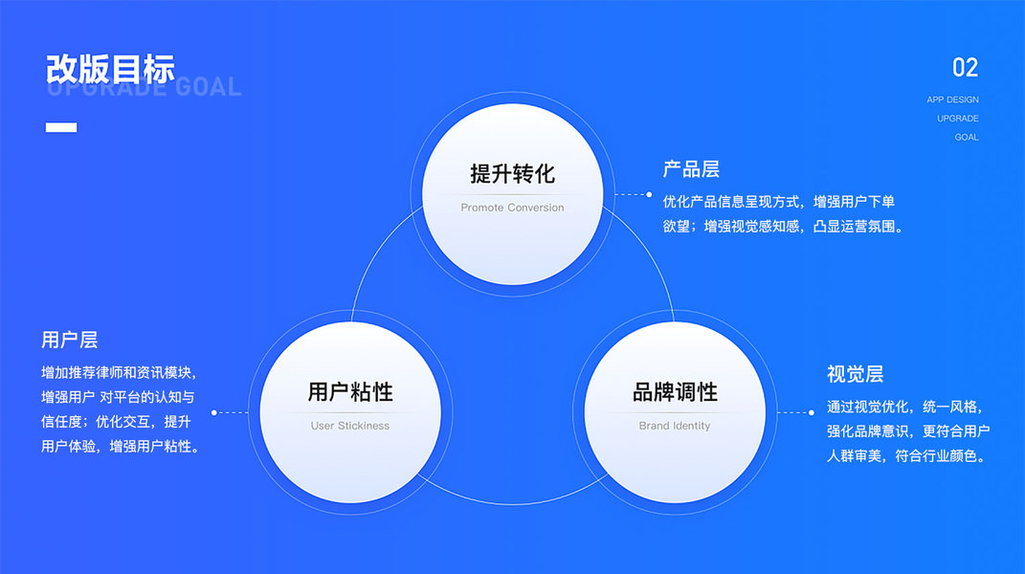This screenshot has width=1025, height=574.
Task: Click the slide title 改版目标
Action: coord(110,70)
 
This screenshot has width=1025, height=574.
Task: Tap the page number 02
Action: coord(965,68)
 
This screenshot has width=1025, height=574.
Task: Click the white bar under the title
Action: coord(61,127)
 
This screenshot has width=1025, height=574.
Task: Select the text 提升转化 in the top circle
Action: coord(512,174)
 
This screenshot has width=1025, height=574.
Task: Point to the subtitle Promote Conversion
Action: coord(512,208)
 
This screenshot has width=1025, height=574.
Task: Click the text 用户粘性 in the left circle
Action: coord(350,392)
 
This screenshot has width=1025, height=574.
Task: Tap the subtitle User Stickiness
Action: coord(350,426)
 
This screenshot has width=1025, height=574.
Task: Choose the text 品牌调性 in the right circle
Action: coord(675,392)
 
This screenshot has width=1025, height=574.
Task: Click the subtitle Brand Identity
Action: coord(675,426)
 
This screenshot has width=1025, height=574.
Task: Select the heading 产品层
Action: coord(691,170)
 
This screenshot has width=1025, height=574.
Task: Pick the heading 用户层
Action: coord(69,341)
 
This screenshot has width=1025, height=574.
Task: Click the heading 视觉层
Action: coord(855,374)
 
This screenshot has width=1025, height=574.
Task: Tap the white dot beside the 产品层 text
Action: coord(649,194)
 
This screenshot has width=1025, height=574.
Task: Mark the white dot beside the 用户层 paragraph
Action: coord(213,413)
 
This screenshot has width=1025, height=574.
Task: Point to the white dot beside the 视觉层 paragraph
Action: coord(812,412)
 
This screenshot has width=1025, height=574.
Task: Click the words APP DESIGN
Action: coord(952,99)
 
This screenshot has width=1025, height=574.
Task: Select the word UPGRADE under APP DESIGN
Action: coord(957,119)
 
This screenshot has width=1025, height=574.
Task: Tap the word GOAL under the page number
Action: coord(967,138)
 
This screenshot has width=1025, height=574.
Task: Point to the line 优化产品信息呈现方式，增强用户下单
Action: coord(778,202)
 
